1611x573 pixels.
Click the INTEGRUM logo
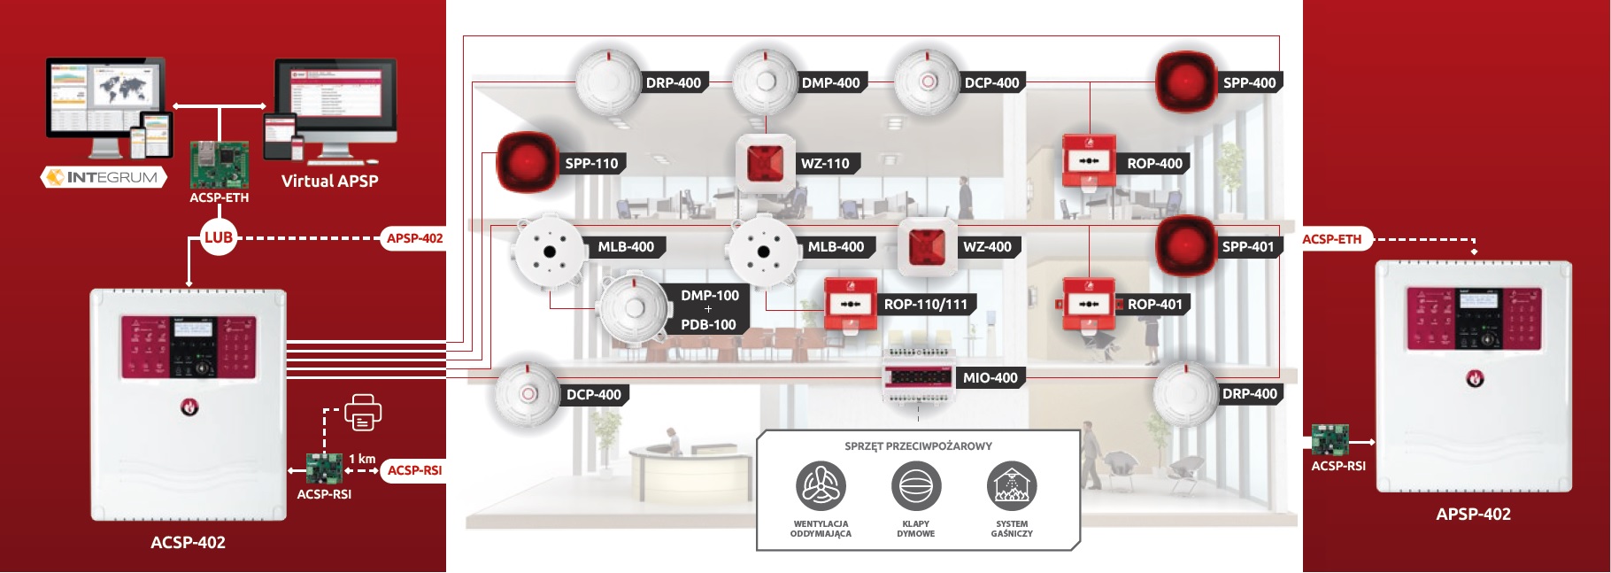[x=104, y=177]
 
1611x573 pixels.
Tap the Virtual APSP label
[x=329, y=181]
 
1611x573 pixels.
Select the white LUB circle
[x=219, y=237]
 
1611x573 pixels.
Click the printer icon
[x=362, y=413]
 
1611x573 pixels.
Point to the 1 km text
[x=362, y=459]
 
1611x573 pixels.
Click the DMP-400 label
[x=830, y=82]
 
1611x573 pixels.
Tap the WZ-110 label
[x=824, y=163]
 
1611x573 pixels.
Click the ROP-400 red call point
[x=1088, y=161]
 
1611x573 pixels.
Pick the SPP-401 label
[x=1247, y=246]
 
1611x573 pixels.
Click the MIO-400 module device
[x=918, y=378]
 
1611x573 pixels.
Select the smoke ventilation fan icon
[x=821, y=485]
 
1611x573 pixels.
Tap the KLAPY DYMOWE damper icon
[x=916, y=485]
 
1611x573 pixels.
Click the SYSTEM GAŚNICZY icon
[x=1012, y=485]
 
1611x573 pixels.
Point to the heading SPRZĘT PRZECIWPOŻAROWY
[x=918, y=446]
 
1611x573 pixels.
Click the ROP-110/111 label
[x=925, y=304]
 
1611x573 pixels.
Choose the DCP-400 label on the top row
[x=991, y=82]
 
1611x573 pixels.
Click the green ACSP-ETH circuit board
[x=219, y=164]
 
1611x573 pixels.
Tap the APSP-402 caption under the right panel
[x=1473, y=514]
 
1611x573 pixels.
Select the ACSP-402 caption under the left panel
[x=188, y=542]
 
